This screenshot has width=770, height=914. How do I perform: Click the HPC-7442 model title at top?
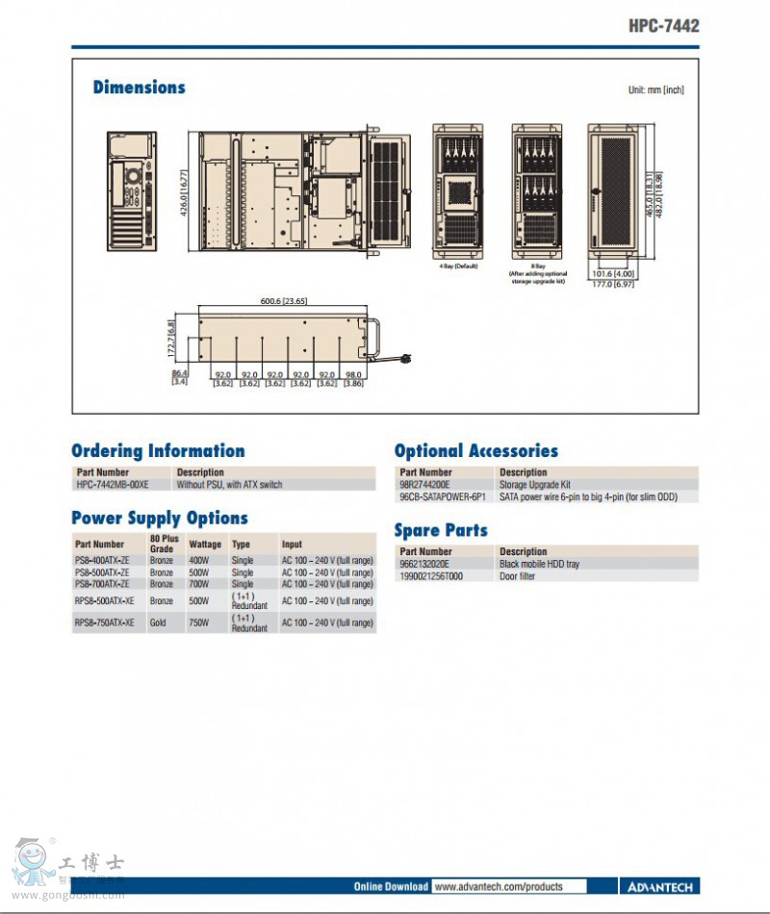[x=664, y=26]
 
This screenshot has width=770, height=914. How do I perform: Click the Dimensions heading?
[x=139, y=88]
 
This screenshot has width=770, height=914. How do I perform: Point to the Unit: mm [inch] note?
[x=655, y=89]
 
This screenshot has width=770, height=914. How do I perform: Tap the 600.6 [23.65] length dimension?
[x=283, y=301]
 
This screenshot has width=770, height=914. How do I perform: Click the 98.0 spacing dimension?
[x=353, y=374]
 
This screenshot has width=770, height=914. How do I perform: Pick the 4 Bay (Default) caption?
[x=458, y=266]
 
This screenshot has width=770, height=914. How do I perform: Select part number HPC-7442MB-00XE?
[x=113, y=485]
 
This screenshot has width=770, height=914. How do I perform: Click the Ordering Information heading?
[x=158, y=451]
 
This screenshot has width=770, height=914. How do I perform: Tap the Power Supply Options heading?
[x=160, y=519]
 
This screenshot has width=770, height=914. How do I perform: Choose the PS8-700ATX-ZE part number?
[x=102, y=584]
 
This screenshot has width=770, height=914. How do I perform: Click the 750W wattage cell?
[x=199, y=622]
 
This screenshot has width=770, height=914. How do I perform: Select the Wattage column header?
[x=205, y=545]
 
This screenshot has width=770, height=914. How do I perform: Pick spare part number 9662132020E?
[x=424, y=564]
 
